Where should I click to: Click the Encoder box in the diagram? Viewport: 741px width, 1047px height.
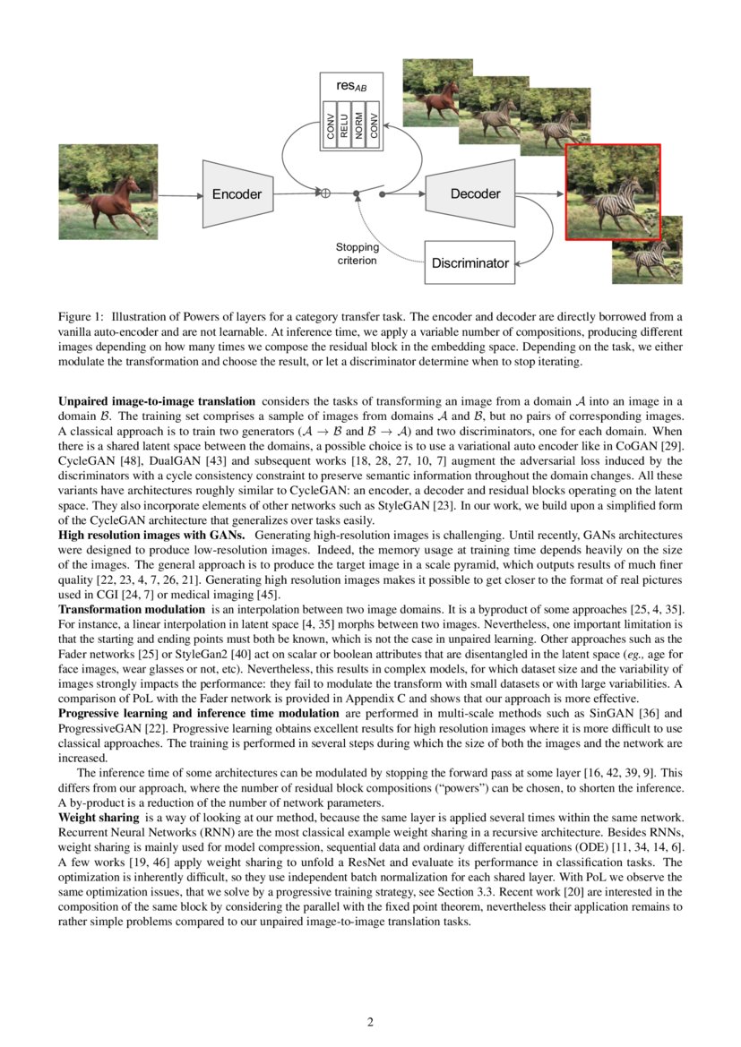237,193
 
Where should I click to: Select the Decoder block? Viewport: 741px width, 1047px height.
475,193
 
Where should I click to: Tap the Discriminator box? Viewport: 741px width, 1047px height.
470,262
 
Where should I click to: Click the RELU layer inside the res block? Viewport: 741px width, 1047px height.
344,125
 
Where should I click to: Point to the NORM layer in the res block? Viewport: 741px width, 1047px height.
359,125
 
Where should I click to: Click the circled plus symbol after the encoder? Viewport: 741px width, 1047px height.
326,193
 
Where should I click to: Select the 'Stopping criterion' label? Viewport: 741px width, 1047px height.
358,253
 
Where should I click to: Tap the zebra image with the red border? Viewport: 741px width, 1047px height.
613,193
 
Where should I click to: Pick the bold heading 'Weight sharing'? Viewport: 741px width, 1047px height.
99,818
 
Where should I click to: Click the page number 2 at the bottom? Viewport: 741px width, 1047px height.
370,1022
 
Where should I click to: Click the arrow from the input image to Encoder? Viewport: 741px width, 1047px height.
179,194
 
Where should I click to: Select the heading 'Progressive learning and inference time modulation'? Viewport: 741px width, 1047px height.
198,713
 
